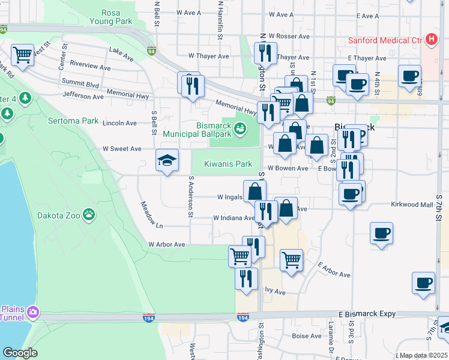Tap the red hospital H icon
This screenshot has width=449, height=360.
pos(430,40)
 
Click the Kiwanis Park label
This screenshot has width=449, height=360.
pos(228,164)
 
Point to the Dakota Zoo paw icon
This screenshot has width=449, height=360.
pos(89,213)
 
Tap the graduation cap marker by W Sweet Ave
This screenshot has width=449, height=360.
pos(167,160)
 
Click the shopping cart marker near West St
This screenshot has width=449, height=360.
pos(22,56)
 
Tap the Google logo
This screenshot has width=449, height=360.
pos(20,353)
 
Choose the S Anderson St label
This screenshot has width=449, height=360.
pos(190,196)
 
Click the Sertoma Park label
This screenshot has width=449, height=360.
pos(73,121)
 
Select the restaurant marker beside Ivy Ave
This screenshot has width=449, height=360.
pos(246,279)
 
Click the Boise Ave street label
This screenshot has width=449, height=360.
pos(303,336)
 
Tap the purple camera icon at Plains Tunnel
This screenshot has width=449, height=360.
pos(32,311)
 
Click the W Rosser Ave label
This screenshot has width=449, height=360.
pos(289,37)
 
